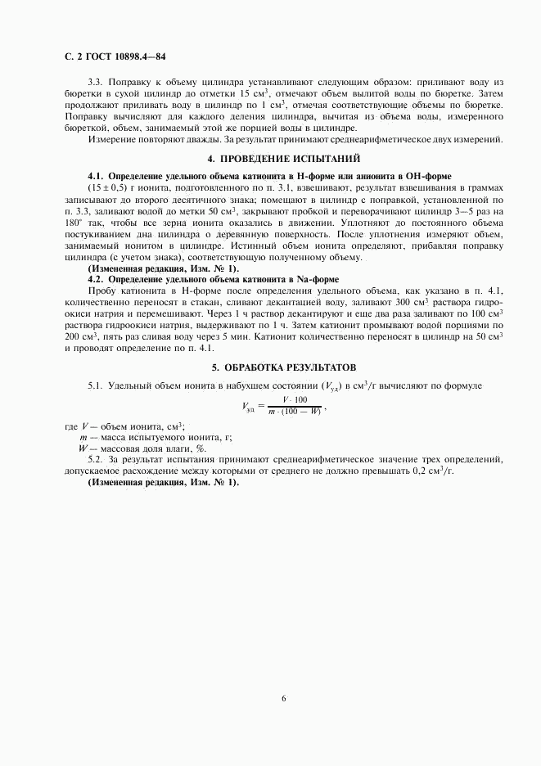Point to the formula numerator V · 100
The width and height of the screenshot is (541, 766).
(295, 399)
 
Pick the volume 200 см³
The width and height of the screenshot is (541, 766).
(77, 336)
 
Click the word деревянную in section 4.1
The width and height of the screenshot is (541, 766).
(241, 233)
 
